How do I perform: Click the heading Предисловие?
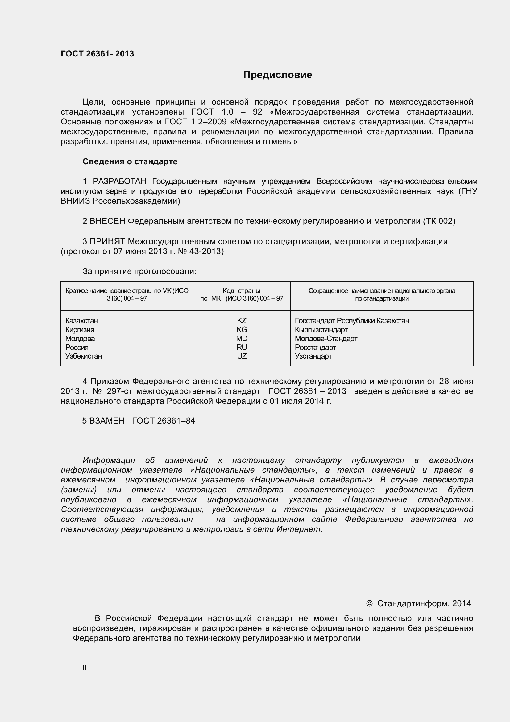277,75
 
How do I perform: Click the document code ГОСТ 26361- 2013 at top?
97,54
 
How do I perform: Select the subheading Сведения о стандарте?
130,161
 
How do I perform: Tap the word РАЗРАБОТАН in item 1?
119,182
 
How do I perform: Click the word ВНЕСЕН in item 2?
107,221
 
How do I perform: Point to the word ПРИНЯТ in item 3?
107,241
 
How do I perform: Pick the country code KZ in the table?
241,320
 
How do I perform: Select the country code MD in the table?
241,338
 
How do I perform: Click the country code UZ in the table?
241,356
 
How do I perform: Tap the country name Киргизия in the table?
80,330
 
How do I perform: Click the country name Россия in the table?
77,348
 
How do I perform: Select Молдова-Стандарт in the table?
326,338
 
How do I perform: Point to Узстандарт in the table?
313,356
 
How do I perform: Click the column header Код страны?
241,290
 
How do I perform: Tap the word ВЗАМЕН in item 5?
107,420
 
